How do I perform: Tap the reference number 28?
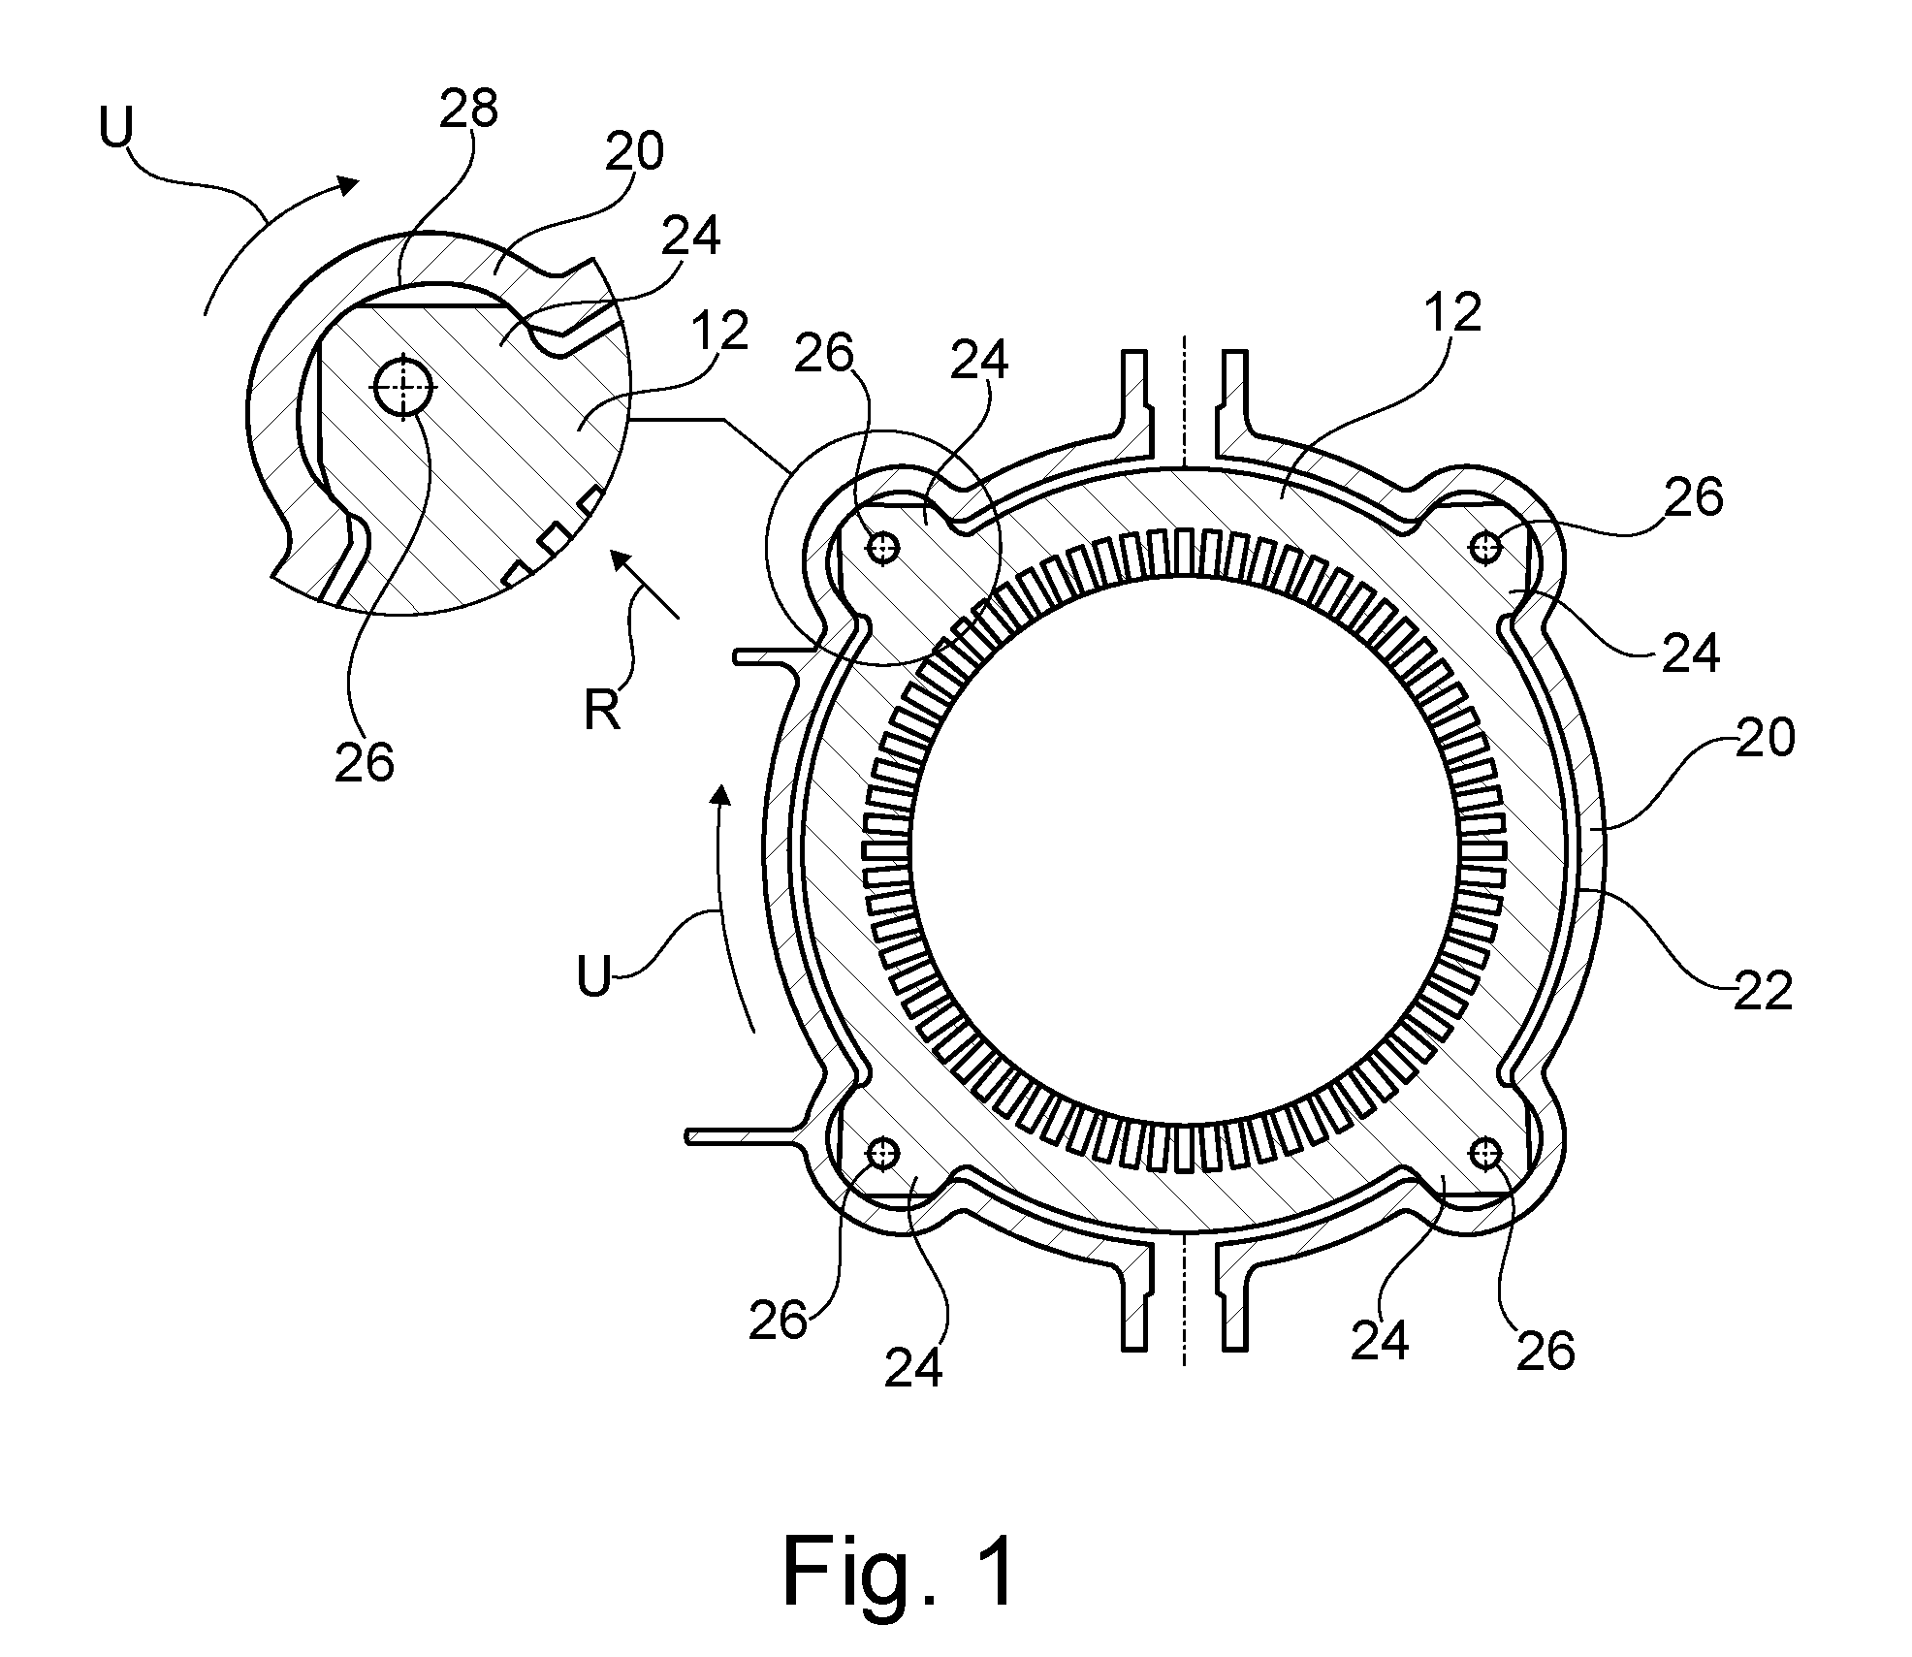coord(469,111)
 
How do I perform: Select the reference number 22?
coord(1763,992)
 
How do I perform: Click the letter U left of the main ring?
coord(594,977)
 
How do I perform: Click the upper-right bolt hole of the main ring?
coord(1485,547)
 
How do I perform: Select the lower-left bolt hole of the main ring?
coord(884,1153)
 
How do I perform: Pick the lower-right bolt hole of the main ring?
coord(1485,1153)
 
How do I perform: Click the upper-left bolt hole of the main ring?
coord(883,549)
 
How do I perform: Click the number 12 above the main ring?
coord(1454,312)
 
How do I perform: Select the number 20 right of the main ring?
coord(1765,739)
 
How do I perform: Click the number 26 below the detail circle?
coord(365,763)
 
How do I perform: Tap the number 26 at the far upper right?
coord(1694,497)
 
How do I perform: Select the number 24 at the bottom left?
coord(913,1368)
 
